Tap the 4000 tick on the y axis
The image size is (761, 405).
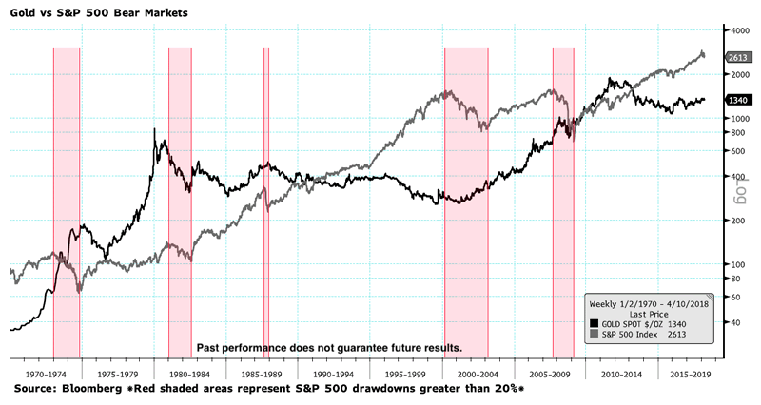[x=738, y=31]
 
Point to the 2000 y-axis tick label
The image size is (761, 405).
[x=738, y=74]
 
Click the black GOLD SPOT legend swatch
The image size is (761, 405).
[x=595, y=324]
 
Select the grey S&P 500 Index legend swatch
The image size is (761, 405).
[x=595, y=335]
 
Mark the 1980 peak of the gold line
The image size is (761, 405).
[x=154, y=129]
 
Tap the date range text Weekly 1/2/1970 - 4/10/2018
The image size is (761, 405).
[x=649, y=303]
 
